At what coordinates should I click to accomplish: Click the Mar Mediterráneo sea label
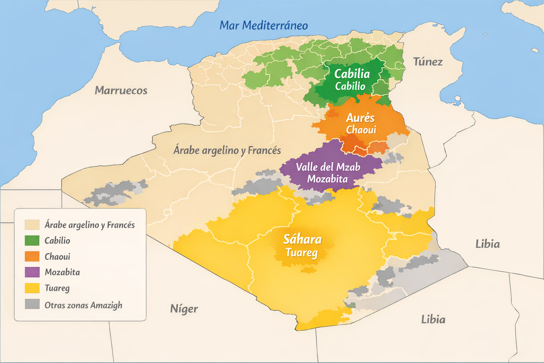click(x=263, y=26)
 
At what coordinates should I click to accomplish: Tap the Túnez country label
click(x=428, y=62)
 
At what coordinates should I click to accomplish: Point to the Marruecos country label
click(x=121, y=90)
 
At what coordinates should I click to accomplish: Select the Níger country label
click(x=184, y=309)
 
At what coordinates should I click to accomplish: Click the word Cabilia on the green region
click(x=352, y=74)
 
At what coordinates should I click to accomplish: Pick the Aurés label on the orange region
click(x=360, y=118)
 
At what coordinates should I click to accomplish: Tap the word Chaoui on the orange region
click(x=361, y=130)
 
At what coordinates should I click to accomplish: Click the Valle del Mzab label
click(x=328, y=167)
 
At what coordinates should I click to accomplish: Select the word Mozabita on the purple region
click(x=327, y=179)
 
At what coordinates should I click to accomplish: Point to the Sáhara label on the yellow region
click(x=302, y=240)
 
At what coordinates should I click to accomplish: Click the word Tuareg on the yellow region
click(x=301, y=253)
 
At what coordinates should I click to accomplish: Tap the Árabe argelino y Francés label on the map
click(x=227, y=150)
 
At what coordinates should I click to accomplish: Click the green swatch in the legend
click(x=32, y=240)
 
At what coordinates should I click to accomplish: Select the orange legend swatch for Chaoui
click(x=32, y=256)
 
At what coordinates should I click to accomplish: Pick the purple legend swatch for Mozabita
click(x=32, y=272)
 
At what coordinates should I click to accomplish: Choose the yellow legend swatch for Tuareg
click(x=32, y=288)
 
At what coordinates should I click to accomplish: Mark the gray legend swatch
click(x=32, y=304)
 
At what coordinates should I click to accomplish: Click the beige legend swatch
click(x=32, y=225)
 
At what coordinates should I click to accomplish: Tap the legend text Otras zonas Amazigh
click(x=83, y=305)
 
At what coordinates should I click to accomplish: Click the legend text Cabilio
click(x=57, y=241)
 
